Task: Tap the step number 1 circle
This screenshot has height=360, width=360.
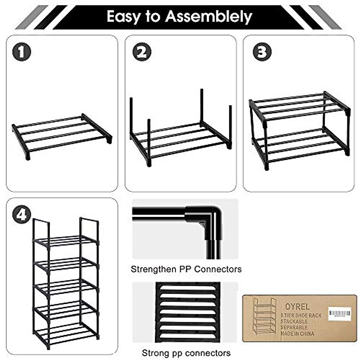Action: coord(21,52)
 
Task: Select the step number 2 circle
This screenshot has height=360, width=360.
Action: coord(142,52)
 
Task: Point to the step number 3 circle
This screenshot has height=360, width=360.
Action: coord(262,52)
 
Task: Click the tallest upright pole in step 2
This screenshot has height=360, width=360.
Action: coord(202,106)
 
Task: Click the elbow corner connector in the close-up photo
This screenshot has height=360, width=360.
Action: coord(207,217)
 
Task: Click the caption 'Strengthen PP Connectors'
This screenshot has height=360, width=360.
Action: coord(186,269)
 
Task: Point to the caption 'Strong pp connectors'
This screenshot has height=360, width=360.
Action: coord(186,353)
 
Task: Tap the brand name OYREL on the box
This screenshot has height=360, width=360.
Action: coord(292,306)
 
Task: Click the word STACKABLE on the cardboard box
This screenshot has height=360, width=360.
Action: coord(294,321)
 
